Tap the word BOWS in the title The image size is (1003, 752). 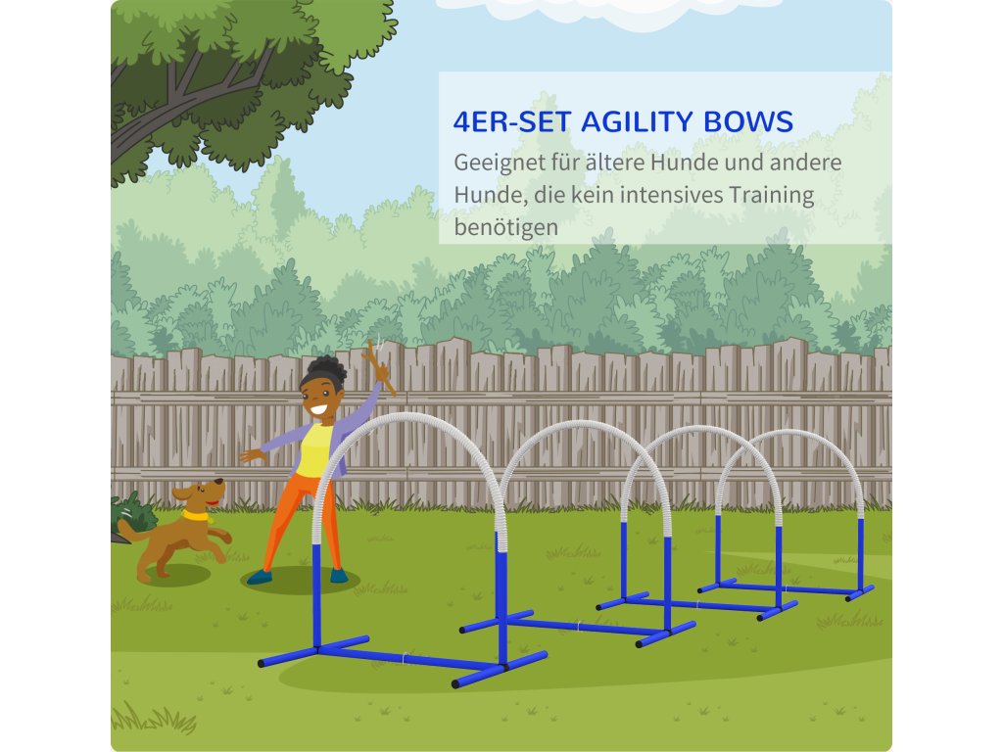(748, 121)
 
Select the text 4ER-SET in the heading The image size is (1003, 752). (511, 121)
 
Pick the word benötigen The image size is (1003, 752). (506, 227)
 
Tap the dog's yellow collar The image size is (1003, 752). (196, 515)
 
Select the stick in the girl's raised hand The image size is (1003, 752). (379, 368)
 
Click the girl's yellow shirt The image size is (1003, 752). (314, 450)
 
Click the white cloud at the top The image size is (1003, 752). (607, 12)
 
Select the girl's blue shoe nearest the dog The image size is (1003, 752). (259, 578)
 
